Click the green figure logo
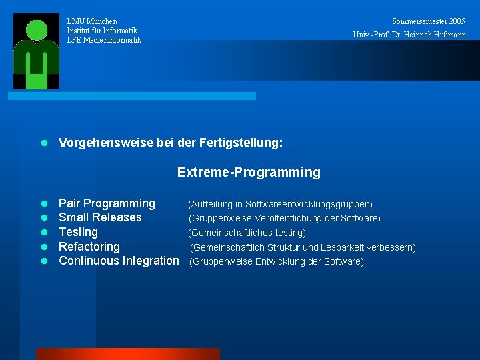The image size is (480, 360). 37,52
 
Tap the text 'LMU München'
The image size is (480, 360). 92,21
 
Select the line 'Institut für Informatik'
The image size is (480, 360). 102,31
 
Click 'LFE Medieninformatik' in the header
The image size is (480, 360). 104,40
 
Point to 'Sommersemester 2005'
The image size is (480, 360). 429,21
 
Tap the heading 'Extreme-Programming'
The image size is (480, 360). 249,173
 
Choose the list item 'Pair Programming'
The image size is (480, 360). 107,203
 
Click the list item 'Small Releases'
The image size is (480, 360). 100,217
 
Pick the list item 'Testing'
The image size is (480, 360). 78,232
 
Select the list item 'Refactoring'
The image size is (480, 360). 89,247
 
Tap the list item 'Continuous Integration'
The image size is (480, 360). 119,261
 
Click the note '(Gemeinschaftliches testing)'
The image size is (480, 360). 247,233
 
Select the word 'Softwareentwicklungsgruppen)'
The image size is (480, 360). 309,204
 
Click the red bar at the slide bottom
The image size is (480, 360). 127,353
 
